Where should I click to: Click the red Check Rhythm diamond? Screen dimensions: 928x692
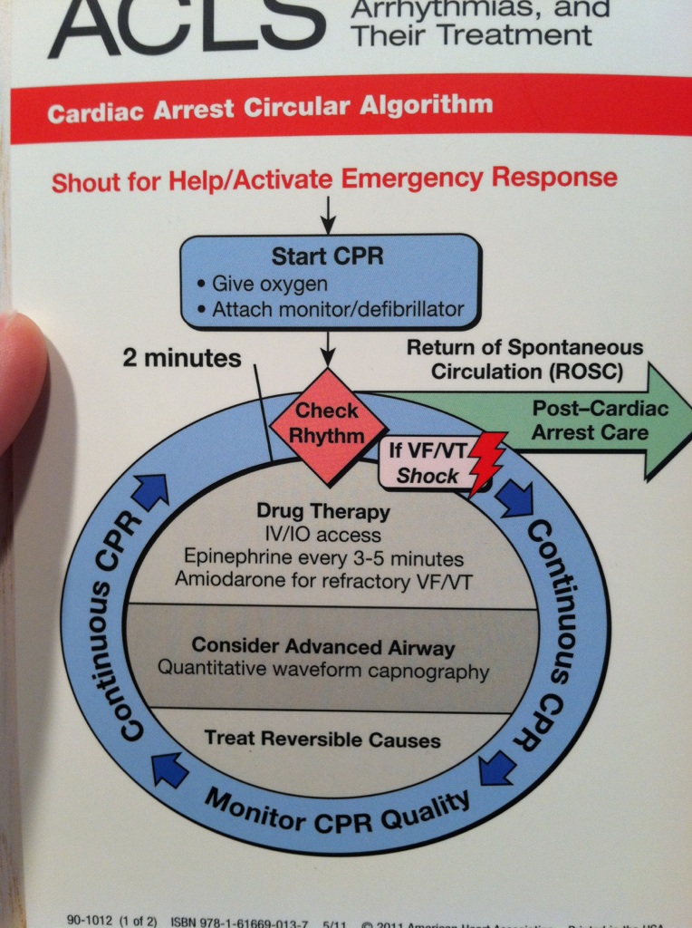328,423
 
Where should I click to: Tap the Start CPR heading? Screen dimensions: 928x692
327,256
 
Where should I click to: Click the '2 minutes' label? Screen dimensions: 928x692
181,359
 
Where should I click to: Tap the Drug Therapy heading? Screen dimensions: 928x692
322,512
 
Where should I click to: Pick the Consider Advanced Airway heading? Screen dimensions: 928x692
322,647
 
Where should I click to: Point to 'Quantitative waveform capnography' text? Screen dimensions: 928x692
322,671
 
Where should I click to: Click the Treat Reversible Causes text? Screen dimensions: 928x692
322,739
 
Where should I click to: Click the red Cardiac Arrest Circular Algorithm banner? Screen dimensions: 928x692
272,108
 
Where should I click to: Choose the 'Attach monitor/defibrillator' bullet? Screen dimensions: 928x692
335,310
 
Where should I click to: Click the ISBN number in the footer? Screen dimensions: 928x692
239,922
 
